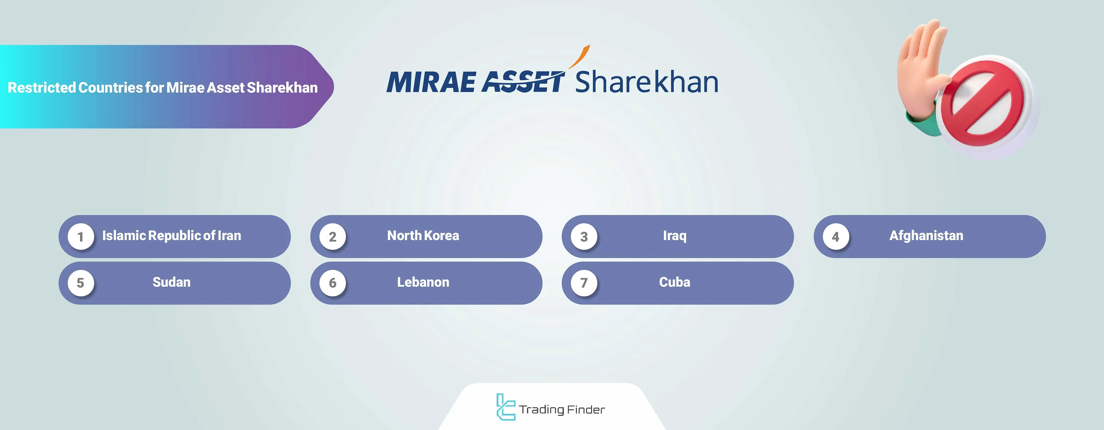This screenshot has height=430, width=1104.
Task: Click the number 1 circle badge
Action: [x=81, y=237]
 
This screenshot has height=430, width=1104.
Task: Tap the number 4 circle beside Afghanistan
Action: [x=836, y=237]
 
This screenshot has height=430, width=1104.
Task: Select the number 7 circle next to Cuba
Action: [x=584, y=283]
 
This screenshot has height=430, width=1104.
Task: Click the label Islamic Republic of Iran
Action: [x=171, y=236]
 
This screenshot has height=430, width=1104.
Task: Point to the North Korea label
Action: [x=423, y=236]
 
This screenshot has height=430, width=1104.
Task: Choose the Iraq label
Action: [x=674, y=236]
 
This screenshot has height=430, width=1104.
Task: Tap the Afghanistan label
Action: [x=926, y=236]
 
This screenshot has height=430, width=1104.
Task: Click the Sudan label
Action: [x=171, y=282]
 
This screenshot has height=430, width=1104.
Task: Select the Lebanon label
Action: [x=423, y=282]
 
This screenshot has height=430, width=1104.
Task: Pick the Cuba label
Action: [x=674, y=282]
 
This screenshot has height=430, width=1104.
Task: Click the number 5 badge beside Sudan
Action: [x=81, y=283]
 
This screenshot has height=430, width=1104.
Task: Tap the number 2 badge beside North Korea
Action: [x=333, y=237]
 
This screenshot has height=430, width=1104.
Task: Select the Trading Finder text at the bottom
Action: [x=562, y=410]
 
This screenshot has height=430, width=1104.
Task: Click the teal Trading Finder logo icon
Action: [x=505, y=406]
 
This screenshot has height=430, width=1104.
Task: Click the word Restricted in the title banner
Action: [x=42, y=88]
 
